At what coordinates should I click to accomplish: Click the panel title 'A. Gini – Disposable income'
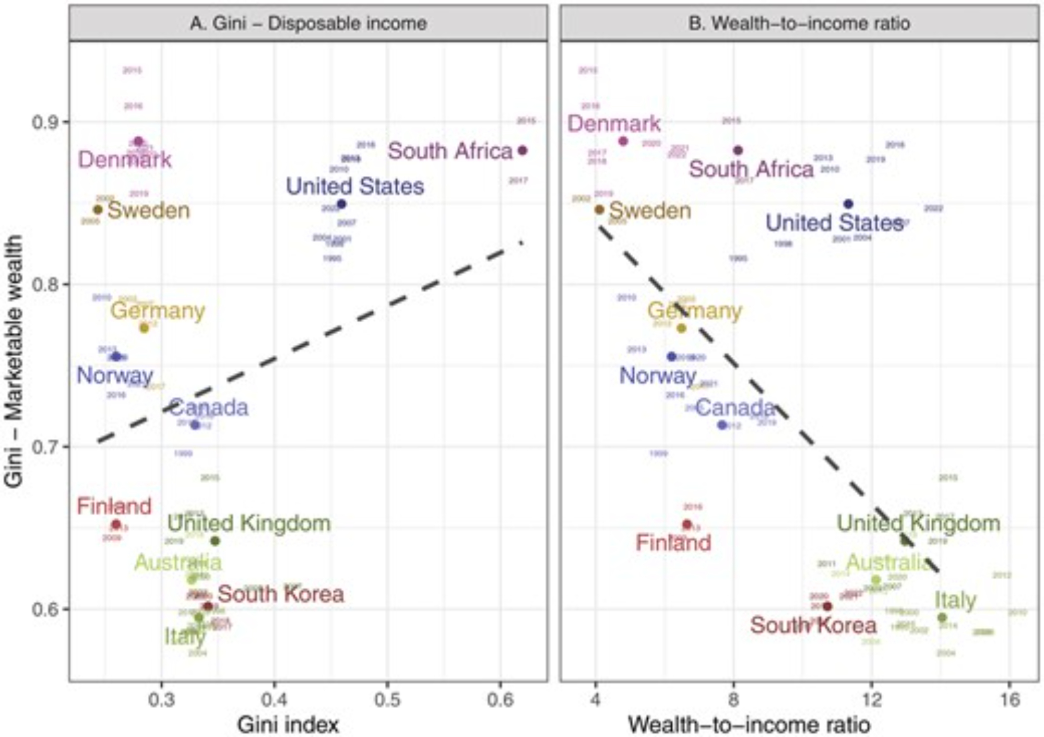308,24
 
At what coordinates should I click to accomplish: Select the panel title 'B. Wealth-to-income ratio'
799,24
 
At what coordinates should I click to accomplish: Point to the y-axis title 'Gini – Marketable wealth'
14,361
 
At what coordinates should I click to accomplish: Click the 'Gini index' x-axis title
288,724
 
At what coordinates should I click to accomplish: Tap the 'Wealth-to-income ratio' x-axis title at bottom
749,724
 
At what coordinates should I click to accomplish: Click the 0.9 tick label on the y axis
44,123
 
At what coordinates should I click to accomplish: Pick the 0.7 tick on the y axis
44,447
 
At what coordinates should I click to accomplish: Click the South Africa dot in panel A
522,150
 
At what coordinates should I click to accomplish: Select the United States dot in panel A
341,204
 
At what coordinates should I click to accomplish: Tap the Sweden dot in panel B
599,209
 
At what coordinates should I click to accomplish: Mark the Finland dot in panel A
116,524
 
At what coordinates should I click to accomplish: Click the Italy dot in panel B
942,617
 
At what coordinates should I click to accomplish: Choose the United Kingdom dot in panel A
215,541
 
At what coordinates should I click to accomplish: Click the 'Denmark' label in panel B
614,124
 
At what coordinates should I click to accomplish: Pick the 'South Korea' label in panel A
281,594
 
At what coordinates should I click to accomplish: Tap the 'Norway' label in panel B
658,375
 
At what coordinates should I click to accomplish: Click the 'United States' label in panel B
834,223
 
